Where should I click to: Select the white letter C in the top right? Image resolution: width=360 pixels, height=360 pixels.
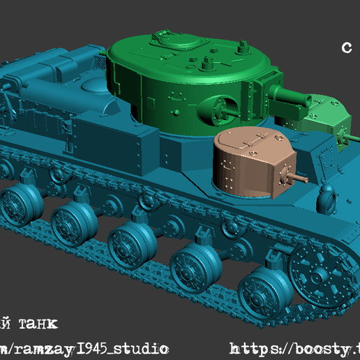pyautogui.click(x=347, y=47)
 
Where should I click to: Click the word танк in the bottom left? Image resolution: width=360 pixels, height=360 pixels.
pyautogui.click(x=34, y=324)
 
